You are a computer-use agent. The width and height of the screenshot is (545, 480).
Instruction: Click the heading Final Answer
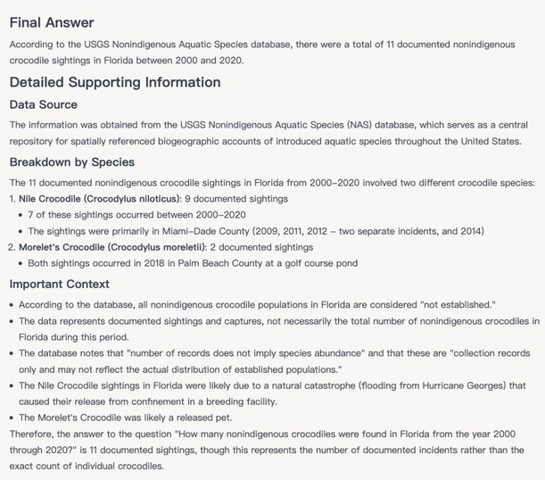(51, 22)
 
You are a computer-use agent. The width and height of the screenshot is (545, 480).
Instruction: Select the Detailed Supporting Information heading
(115, 82)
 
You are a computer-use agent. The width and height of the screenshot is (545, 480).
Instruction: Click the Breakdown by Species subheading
(72, 162)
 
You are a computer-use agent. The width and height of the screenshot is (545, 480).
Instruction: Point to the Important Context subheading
(59, 285)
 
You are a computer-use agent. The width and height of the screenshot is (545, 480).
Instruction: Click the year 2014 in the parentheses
(467, 231)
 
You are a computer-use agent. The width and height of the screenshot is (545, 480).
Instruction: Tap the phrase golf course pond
(301, 263)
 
